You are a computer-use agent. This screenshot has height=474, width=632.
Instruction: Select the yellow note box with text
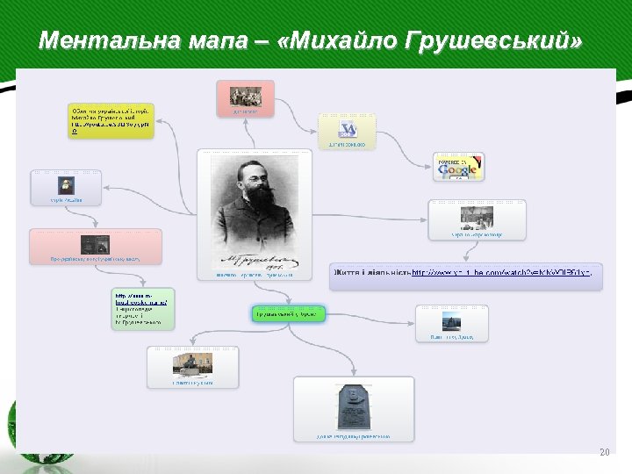(111, 121)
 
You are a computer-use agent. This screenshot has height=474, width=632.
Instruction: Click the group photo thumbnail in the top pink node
(246, 96)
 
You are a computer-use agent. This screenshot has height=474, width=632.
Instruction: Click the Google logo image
(458, 166)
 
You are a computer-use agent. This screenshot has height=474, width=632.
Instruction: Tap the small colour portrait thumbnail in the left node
(66, 186)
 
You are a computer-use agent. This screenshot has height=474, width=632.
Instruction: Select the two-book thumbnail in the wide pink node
(95, 245)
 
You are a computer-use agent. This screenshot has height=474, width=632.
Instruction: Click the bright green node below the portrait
(288, 313)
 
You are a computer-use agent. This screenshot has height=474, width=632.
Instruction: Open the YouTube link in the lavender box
(500, 273)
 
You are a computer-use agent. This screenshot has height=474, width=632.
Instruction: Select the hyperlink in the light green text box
(140, 301)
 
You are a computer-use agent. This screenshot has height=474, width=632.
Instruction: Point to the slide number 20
(603, 452)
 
